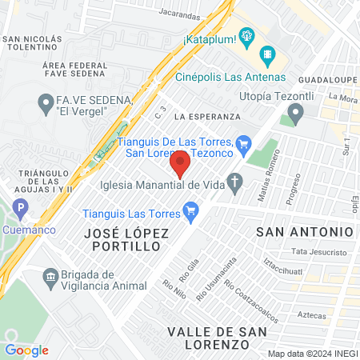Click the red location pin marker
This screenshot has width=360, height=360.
[x=180, y=164]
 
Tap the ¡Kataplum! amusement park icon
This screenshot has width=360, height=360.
[x=246, y=36]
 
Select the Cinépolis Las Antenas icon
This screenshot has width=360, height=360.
[x=269, y=57]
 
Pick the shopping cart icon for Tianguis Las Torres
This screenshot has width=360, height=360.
[x=190, y=212]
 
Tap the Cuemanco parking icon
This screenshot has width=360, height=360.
[x=22, y=210]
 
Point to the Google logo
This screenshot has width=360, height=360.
[x=26, y=350]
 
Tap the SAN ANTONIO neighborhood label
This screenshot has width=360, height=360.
[x=304, y=231]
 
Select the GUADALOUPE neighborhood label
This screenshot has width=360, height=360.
[x=326, y=81]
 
